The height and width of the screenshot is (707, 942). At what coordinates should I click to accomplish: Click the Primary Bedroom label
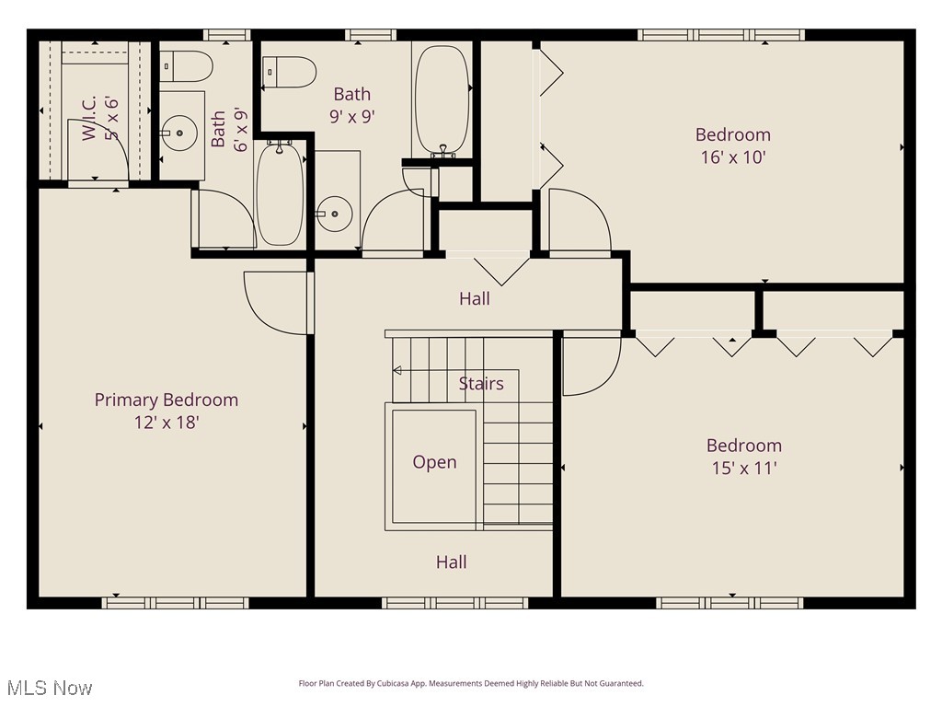[x=167, y=400]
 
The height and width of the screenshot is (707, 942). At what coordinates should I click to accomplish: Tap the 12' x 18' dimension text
[x=167, y=423]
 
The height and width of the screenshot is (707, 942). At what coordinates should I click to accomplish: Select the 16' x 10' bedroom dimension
[x=733, y=156]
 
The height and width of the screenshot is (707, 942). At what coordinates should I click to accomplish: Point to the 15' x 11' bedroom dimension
[x=744, y=468]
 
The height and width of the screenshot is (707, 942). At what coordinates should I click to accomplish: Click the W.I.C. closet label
[x=99, y=117]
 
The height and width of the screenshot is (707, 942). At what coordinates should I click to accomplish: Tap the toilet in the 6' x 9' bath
[x=186, y=66]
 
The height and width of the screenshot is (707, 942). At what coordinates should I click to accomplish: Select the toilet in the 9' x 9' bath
[x=290, y=72]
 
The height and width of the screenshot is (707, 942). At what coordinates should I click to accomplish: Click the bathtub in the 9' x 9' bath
[x=442, y=99]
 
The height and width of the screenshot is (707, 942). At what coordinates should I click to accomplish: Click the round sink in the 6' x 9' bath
[x=179, y=134]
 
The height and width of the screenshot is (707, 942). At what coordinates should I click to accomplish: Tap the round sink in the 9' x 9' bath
[x=335, y=214]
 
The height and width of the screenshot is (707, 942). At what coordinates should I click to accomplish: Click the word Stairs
[x=481, y=384]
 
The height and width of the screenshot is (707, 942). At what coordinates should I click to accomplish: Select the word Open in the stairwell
[x=434, y=462]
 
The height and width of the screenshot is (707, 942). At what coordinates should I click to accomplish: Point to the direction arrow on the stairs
[x=398, y=371]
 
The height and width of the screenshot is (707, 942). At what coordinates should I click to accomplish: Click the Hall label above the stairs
[x=475, y=298]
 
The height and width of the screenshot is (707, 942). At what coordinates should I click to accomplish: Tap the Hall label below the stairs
[x=451, y=562]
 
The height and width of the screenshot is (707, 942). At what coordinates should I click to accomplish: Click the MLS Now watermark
[x=49, y=688]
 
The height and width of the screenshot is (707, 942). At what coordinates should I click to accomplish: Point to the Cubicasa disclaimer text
[x=471, y=683]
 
